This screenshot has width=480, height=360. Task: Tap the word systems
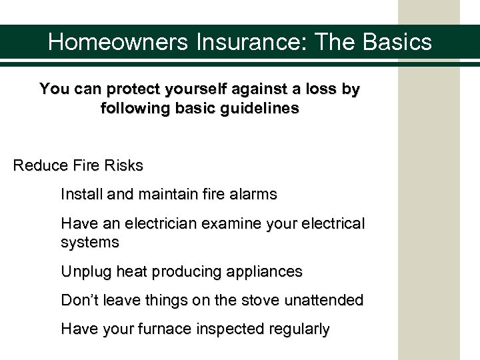point(90,241)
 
